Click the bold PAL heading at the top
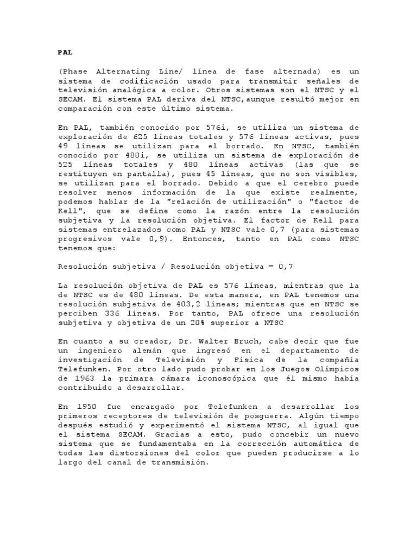64,53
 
